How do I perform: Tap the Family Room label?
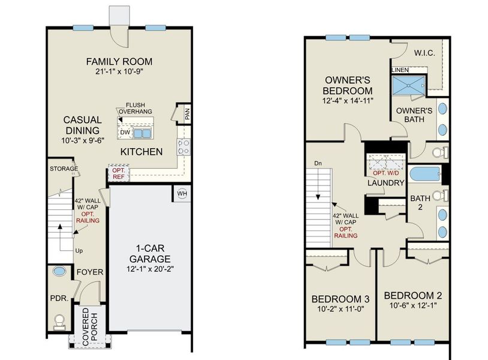click(119, 61)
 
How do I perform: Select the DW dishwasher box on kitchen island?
click(125, 133)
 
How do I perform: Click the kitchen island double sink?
click(142, 133)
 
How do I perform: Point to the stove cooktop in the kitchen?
click(184, 147)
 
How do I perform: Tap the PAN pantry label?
click(187, 115)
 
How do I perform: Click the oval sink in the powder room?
click(59, 271)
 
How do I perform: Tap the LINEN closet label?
click(400, 70)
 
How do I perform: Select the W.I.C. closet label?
click(424, 53)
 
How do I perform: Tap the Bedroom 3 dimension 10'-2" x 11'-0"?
click(341, 309)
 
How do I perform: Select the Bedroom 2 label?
click(412, 296)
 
